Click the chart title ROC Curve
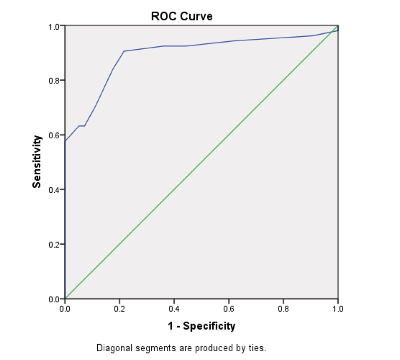(x=182, y=16)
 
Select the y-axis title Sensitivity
(x=37, y=162)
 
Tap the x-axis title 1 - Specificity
(x=201, y=326)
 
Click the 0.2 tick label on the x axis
(x=119, y=308)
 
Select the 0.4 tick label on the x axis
(x=174, y=308)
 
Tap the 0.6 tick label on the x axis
(x=228, y=308)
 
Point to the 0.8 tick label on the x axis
(x=283, y=308)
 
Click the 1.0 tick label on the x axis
(x=338, y=308)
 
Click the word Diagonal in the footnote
(x=112, y=348)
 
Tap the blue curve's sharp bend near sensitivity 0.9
(x=124, y=51)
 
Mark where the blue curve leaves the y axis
(x=65, y=141)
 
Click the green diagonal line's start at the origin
(x=65, y=298)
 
